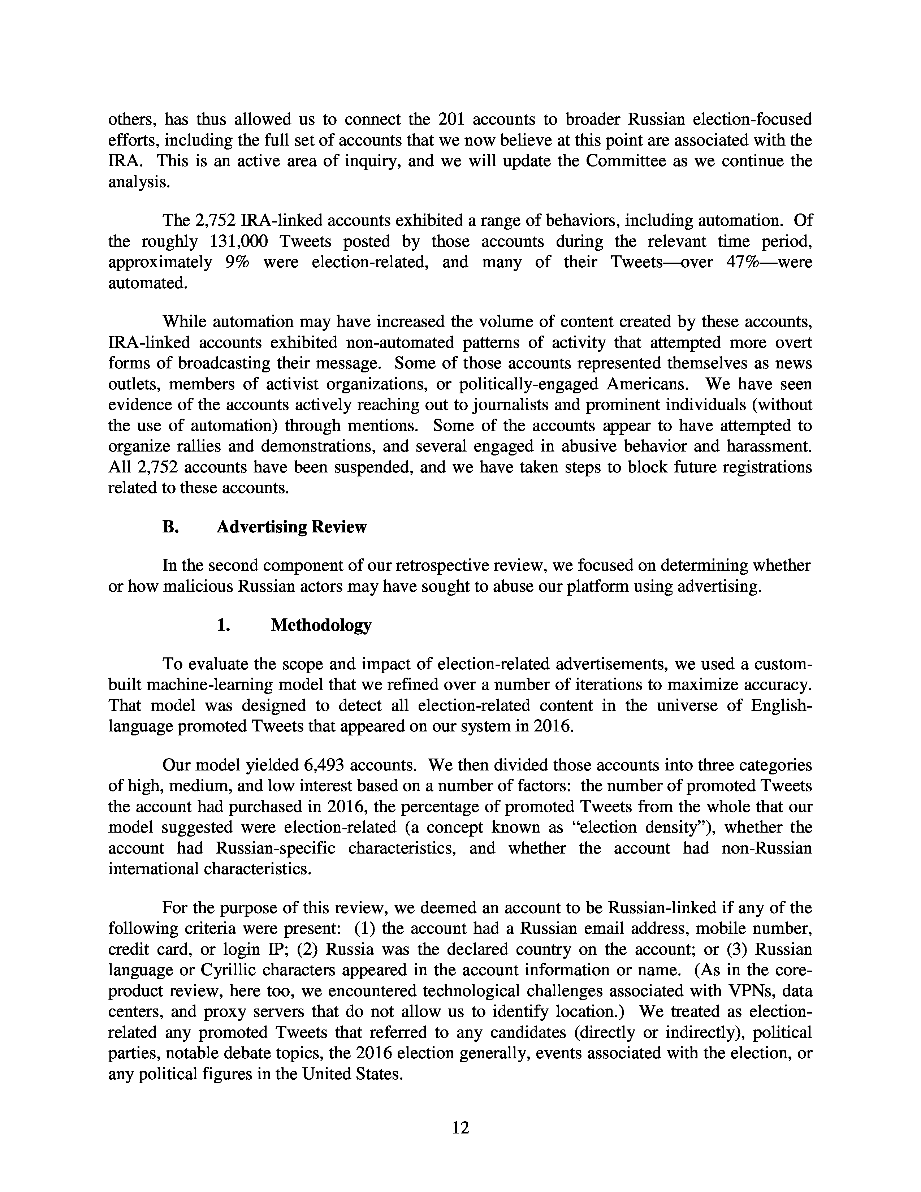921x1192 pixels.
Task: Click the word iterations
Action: click(x=564, y=685)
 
